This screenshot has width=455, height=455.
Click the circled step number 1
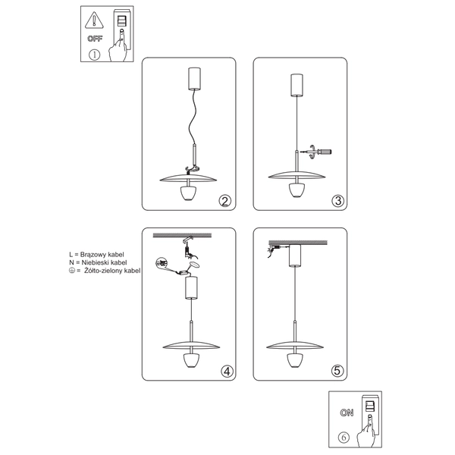[x=95, y=55]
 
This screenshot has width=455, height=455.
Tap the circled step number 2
[x=224, y=201]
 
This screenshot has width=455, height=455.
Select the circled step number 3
[x=338, y=201]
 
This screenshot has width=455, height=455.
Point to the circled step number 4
[x=225, y=371]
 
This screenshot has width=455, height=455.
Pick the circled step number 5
[x=338, y=371]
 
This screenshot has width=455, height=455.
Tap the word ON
[x=347, y=413]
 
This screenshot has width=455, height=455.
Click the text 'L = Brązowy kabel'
[x=96, y=254]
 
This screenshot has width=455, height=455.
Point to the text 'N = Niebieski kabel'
[x=97, y=262]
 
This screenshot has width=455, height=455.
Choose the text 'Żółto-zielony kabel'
[x=112, y=270]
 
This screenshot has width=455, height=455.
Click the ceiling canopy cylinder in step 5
[x=294, y=257]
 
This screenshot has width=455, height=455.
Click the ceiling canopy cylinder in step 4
[x=191, y=288]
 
